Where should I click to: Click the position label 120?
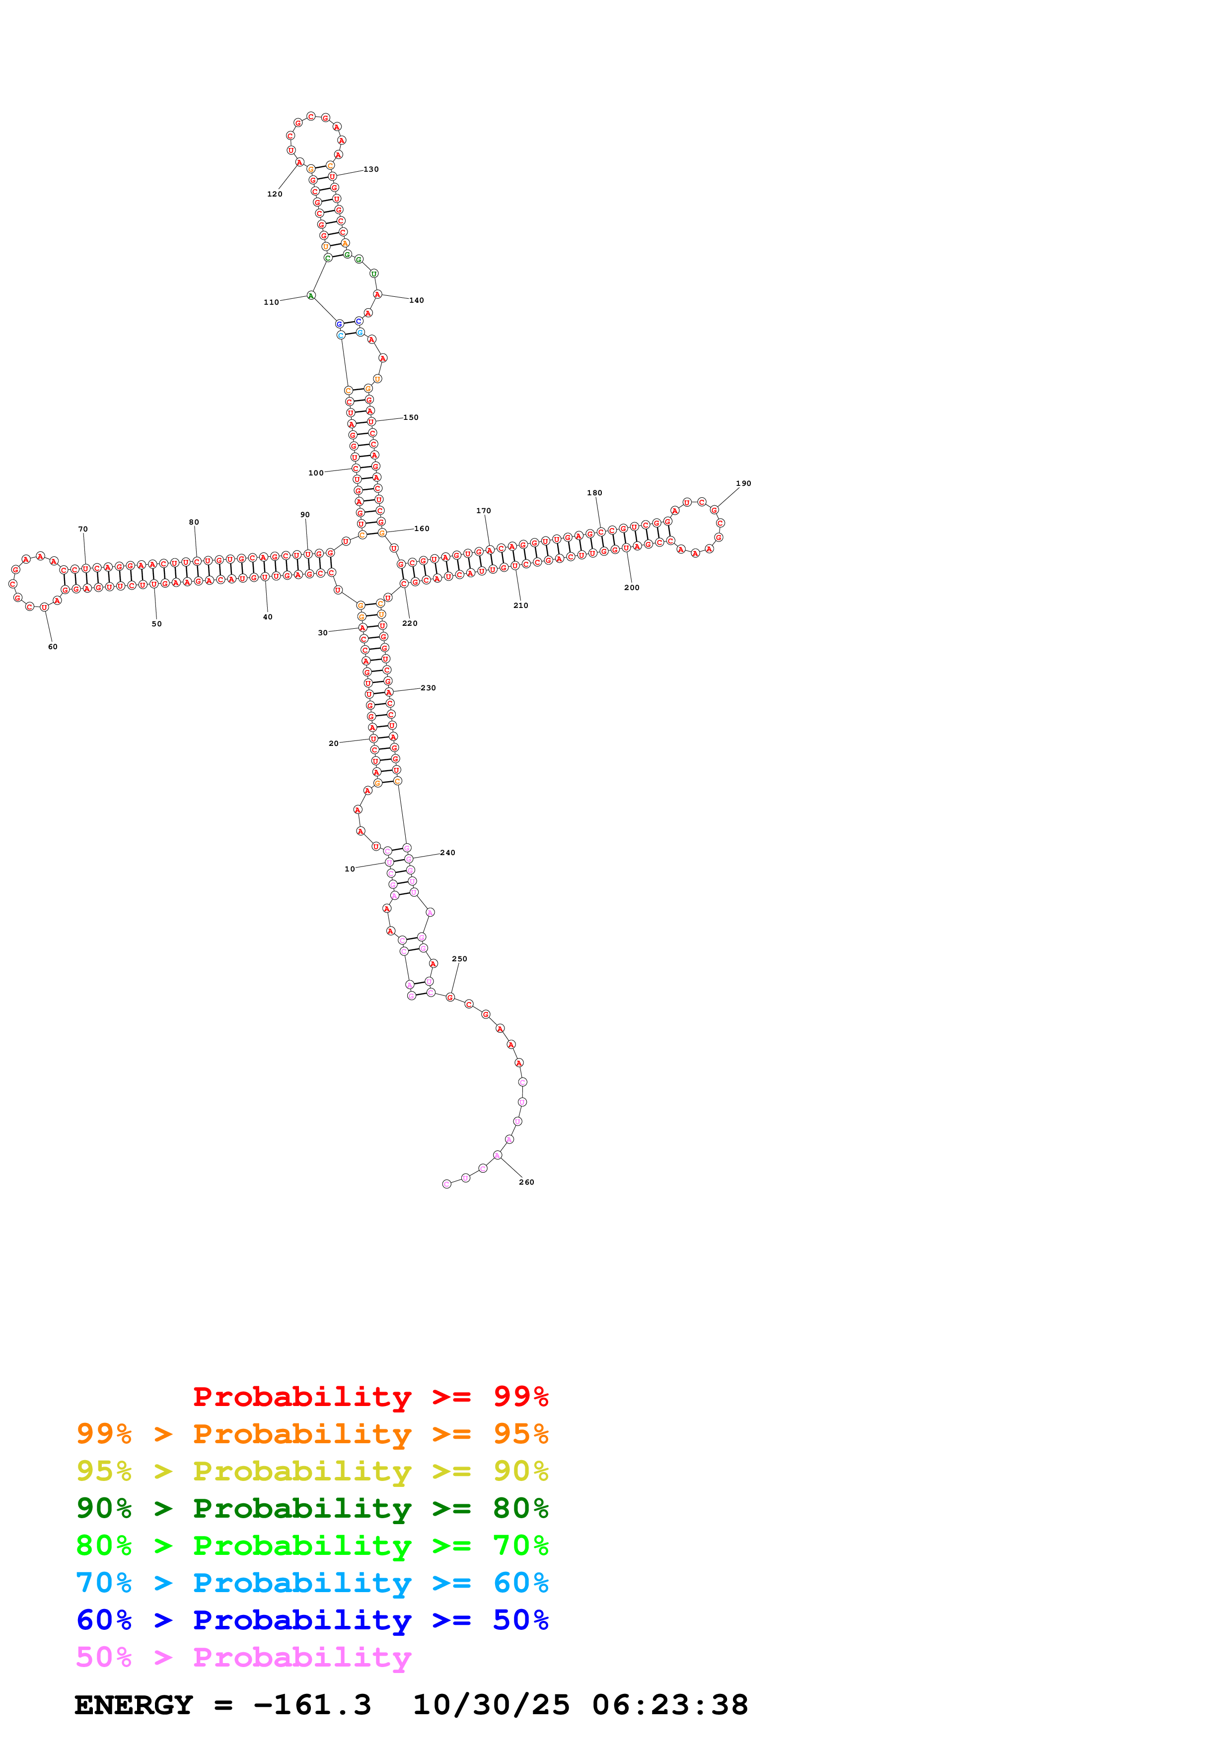coord(275,194)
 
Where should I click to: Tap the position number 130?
coord(371,169)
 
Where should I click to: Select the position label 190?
coord(743,483)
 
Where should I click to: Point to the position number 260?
coord(526,1182)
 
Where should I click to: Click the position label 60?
coord(52,647)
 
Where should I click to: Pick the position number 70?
coord(82,529)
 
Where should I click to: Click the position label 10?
coord(350,869)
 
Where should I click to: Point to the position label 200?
coord(632,588)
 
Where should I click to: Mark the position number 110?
coord(271,302)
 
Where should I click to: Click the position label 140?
coord(417,300)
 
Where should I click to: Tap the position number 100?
coord(315,472)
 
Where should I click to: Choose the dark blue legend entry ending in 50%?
coord(312,1620)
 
